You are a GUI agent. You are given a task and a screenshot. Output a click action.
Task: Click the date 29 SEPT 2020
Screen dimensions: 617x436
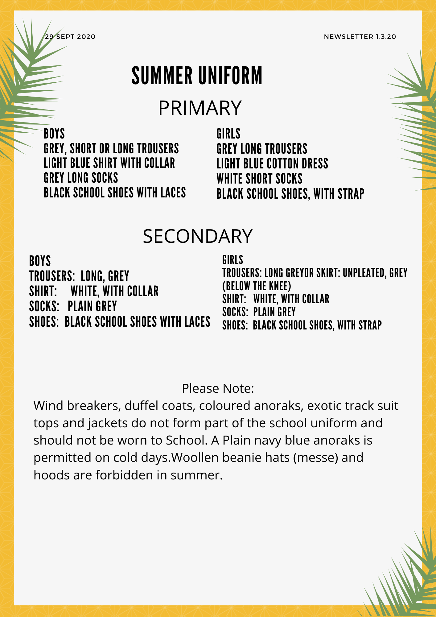70,37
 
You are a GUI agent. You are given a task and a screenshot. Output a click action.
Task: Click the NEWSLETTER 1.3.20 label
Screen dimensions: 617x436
360,37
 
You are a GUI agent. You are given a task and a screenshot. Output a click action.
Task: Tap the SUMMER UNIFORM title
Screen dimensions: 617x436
197,76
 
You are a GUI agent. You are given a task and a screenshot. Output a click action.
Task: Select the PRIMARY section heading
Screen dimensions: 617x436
200,108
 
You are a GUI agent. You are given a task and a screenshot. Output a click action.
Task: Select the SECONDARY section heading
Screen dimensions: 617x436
198,236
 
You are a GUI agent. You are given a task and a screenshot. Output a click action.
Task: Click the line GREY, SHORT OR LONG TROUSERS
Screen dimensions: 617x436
111,149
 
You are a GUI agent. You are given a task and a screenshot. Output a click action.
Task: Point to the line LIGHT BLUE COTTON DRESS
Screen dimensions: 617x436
272,164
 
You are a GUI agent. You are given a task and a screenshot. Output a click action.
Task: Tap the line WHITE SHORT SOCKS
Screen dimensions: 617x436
259,179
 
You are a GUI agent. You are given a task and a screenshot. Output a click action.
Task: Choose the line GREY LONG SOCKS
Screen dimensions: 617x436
81,178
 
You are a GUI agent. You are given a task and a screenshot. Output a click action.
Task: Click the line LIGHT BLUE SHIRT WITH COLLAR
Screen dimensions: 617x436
109,163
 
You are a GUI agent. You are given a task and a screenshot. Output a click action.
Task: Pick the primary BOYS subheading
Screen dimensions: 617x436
54,134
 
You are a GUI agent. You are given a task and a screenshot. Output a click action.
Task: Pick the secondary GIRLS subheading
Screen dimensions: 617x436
232,260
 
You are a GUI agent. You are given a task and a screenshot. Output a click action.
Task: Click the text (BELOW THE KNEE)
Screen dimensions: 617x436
257,286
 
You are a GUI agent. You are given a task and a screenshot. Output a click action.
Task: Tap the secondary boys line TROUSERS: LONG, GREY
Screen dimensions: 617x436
79,276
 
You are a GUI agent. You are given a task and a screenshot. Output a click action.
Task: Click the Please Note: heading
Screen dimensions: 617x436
218,388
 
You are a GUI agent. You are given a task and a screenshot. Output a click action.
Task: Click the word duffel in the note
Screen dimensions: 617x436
138,406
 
